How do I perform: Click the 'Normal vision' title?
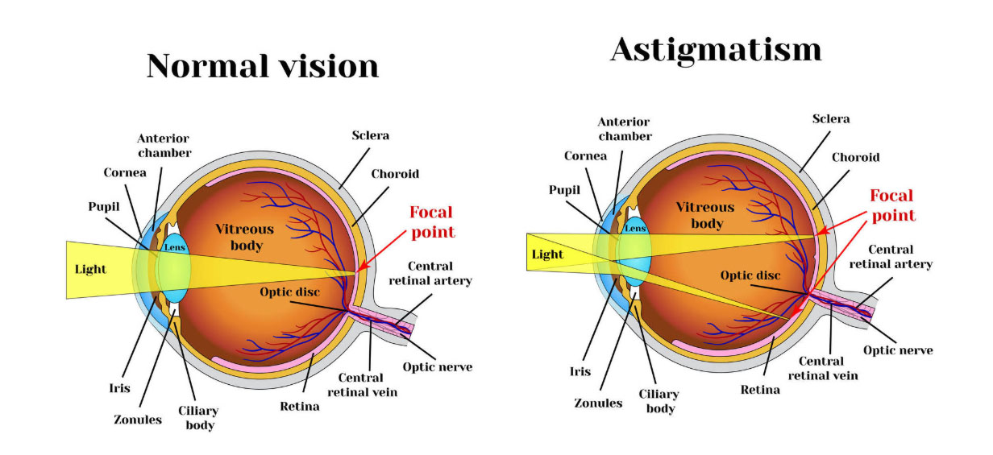263,66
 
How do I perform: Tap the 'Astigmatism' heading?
716,50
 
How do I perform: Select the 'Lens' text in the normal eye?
176,246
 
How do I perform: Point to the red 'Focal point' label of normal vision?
432,221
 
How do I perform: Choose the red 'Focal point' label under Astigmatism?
892,205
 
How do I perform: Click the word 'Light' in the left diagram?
90,269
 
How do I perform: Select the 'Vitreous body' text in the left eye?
244,237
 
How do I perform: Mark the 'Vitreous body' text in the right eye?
705,215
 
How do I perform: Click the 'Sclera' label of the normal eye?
370,135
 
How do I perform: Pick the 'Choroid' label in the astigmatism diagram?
855,157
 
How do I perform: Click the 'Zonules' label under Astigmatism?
598,402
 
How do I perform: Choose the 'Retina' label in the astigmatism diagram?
760,390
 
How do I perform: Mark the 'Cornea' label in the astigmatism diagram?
585,155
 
